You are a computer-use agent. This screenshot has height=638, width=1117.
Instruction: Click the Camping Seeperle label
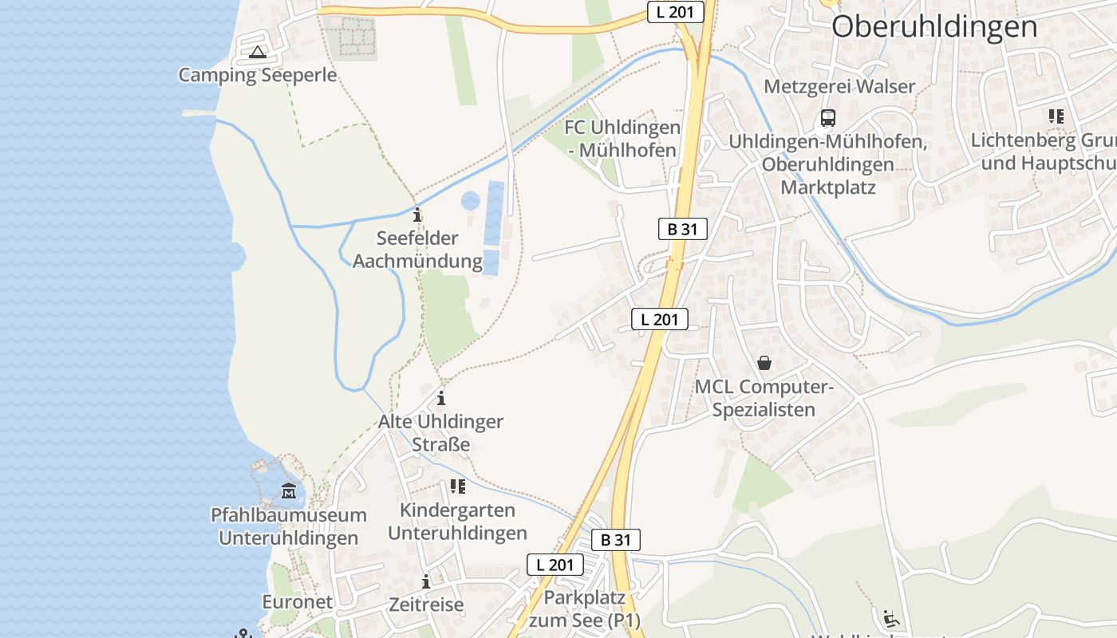coord(257,75)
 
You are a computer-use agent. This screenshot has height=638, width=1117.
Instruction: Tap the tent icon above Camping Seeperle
coord(257,53)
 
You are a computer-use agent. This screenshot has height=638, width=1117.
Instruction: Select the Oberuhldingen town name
coord(934,26)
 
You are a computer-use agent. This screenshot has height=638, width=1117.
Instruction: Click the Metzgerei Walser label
coord(839,86)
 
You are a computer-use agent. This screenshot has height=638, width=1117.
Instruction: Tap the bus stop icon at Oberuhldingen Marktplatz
coord(828,118)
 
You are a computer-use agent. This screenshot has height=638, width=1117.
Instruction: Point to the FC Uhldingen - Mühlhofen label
coord(622,139)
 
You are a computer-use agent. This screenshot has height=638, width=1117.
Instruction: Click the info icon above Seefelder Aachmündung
coord(416,215)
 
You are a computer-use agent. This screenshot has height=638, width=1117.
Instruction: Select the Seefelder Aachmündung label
coord(417,250)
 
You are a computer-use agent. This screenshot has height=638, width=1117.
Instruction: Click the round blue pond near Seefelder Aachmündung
coord(471,200)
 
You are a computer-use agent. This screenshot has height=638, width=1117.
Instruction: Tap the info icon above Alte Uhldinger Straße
coord(440,398)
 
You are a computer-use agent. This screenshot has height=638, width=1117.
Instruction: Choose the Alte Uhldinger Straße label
coord(440,433)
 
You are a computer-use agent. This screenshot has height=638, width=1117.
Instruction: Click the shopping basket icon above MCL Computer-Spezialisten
coord(764,363)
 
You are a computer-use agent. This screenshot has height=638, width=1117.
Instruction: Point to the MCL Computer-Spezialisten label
coord(764,398)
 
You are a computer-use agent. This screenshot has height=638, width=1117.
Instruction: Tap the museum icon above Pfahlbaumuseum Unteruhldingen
coord(288,490)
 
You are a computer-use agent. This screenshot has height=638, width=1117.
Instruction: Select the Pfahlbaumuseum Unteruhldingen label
coord(288,526)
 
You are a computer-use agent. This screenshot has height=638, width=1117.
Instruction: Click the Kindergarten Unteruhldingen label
coord(457,522)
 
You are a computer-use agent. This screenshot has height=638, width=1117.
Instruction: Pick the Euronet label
coord(297,602)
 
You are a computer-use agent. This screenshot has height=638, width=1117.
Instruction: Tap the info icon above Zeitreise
coord(426,581)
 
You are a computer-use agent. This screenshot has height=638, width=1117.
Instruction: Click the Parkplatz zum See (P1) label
coord(585,608)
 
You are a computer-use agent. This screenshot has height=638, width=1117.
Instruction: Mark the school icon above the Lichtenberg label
coord(1056,116)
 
